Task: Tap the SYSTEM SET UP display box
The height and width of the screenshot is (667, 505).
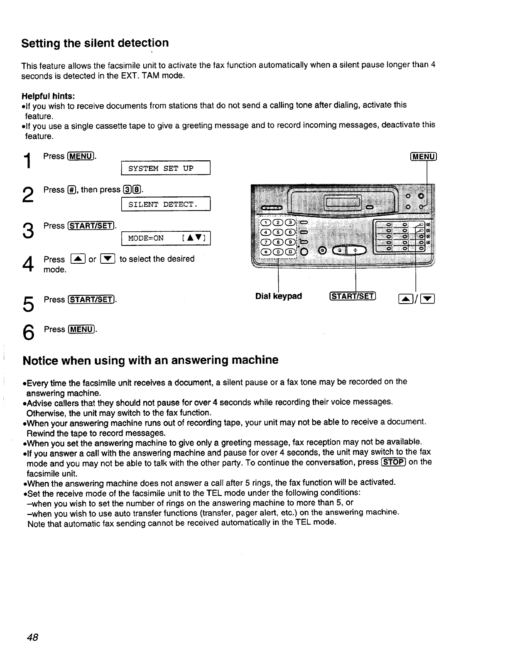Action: pyautogui.click(x=165, y=169)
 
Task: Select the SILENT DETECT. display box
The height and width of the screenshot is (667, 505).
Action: pyautogui.click(x=165, y=204)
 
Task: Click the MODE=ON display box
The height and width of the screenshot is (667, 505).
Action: pyautogui.click(x=165, y=238)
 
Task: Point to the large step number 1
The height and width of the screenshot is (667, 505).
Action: pyautogui.click(x=27, y=161)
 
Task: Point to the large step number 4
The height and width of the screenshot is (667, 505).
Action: pyautogui.click(x=27, y=264)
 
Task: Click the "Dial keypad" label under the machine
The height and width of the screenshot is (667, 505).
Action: pyautogui.click(x=279, y=296)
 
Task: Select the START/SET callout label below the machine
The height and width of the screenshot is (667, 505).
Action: pyautogui.click(x=353, y=296)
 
